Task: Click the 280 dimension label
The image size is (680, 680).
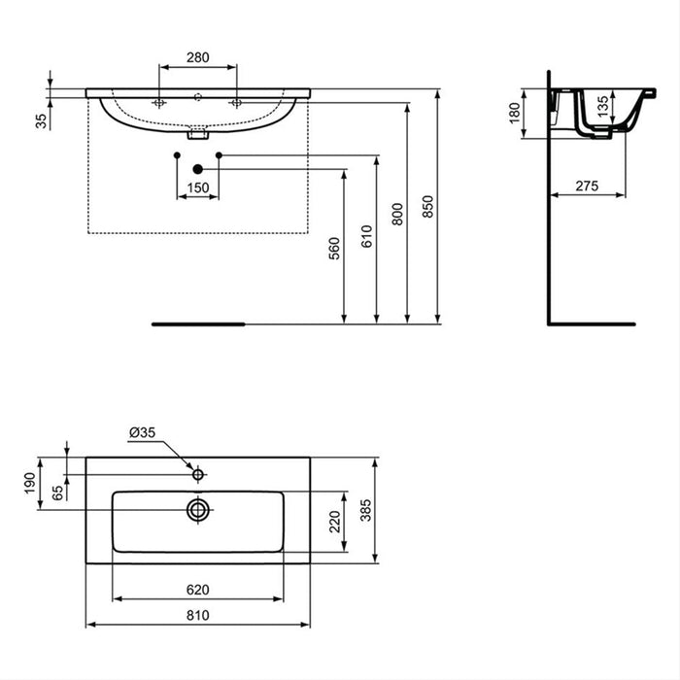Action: [197, 58]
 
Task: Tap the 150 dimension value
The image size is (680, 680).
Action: [197, 187]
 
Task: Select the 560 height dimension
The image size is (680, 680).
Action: [333, 249]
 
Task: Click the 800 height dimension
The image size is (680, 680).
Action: [396, 214]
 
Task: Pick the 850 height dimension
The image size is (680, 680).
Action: [428, 204]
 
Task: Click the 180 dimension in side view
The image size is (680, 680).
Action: [515, 114]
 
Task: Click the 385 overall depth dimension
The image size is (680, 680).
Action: [367, 510]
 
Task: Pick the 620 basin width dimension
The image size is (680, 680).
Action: [197, 589]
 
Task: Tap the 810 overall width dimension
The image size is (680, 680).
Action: [197, 615]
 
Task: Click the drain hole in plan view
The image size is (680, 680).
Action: [198, 508]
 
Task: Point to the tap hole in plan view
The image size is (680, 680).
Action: [197, 474]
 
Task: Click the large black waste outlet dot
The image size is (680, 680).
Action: [197, 167]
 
